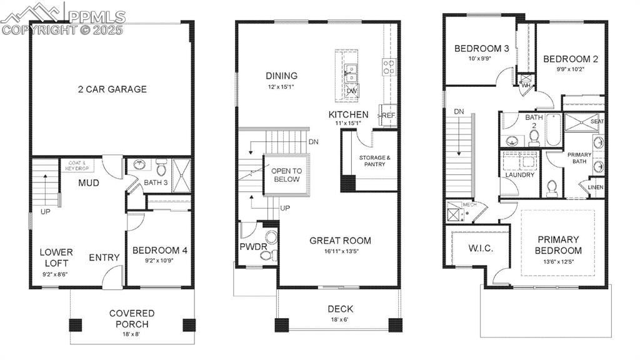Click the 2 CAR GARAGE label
tap(112, 89)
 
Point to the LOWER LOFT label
tap(56, 257)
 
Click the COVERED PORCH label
tap(132, 318)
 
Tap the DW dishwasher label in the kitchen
tap(351, 91)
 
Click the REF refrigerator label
tap(388, 116)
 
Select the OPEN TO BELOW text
tap(286, 175)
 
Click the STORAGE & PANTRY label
tap(375, 161)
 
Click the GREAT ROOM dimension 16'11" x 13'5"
tap(340, 252)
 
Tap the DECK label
tap(340, 309)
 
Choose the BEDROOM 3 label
tap(481, 49)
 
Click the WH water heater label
tap(526, 86)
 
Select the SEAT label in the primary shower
tap(597, 121)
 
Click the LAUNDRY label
tap(520, 175)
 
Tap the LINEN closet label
tap(596, 187)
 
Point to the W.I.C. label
tap(481, 248)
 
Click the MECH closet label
tap(469, 204)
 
